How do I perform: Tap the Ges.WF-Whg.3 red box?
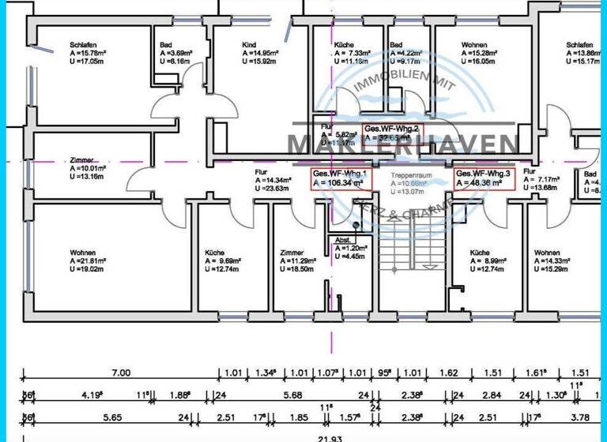tap(484, 178)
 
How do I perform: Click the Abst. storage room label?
tap(342, 239)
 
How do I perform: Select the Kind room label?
tap(249, 45)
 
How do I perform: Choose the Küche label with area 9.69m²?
tap(214, 253)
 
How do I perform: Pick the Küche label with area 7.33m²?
tap(344, 45)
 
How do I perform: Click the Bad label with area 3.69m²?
tap(165, 45)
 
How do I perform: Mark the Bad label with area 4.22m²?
tap(395, 45)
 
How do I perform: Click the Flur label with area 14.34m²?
tap(262, 170)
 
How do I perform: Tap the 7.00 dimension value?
tap(120, 373)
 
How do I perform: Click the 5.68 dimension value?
tap(292, 395)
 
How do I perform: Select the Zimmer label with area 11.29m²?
tap(292, 253)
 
